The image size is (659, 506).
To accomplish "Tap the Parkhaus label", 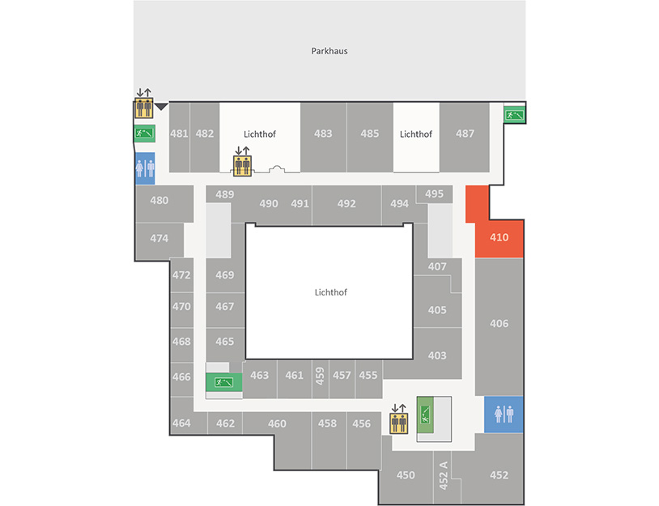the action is click(x=329, y=51).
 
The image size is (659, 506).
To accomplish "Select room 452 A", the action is click(x=443, y=475).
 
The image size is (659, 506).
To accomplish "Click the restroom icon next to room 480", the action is click(x=145, y=168).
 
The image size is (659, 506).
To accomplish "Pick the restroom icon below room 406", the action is click(x=504, y=415).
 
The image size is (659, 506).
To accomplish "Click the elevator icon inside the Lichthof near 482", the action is click(x=243, y=165).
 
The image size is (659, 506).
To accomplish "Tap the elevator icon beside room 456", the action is click(x=399, y=423).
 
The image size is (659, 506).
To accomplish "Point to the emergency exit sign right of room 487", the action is click(x=514, y=114).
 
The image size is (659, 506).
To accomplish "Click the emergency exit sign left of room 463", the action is click(x=224, y=382).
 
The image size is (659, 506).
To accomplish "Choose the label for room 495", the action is click(x=434, y=193).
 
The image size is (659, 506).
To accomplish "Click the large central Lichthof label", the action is click(x=331, y=292).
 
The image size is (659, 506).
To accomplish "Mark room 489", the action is click(x=225, y=194).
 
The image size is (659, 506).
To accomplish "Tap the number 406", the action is click(x=499, y=324).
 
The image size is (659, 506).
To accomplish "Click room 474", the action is click(x=159, y=239).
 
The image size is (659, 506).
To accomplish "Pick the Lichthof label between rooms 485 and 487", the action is click(x=415, y=134).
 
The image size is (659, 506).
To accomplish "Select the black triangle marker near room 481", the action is click(x=161, y=107).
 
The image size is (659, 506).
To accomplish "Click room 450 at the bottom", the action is click(x=406, y=475).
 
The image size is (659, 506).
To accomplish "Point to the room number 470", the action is click(x=181, y=307).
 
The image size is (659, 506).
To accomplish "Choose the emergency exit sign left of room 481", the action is click(x=145, y=134).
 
